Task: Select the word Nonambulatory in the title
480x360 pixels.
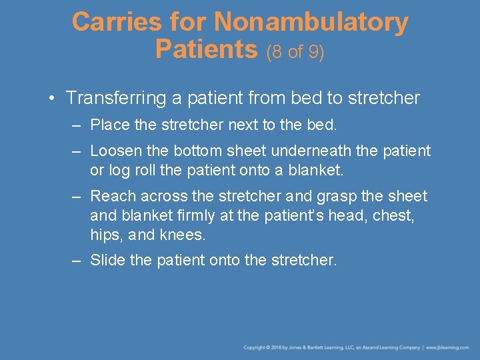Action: (311, 22)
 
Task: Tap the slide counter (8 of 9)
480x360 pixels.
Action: (295, 51)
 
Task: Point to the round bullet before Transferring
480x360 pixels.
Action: (52, 99)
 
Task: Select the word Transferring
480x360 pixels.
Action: (117, 99)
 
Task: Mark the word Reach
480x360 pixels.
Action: (110, 196)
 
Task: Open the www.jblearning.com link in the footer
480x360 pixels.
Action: (449, 347)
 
